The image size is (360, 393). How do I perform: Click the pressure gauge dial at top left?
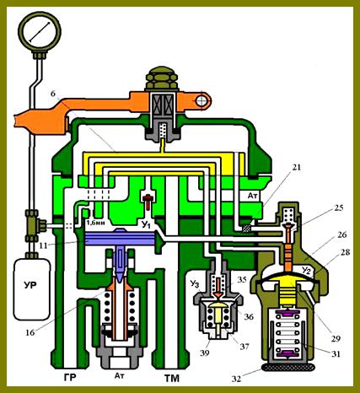40,31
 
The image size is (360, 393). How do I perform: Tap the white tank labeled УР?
31,289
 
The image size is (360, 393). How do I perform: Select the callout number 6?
53,94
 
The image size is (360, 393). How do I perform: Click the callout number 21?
296,168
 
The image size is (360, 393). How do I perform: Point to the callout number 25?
339,207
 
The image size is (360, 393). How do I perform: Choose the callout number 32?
236,379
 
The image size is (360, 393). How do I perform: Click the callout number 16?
30,332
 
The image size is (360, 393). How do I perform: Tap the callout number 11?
43,245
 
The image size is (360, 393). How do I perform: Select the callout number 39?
205,353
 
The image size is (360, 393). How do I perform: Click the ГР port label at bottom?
70,377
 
